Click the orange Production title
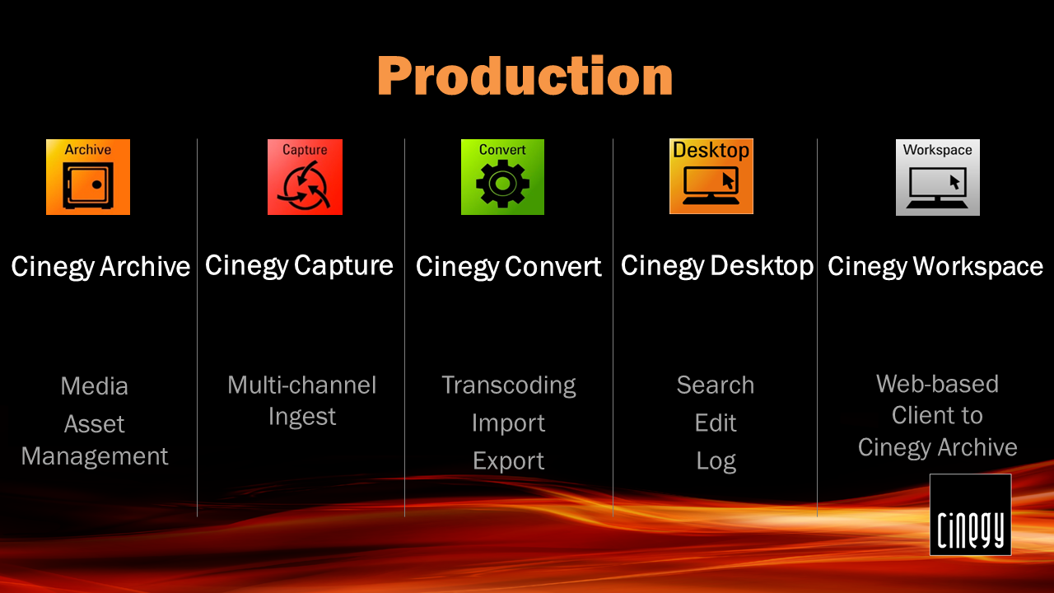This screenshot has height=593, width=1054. [x=525, y=77]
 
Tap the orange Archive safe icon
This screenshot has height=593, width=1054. [x=88, y=177]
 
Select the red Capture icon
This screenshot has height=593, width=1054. [x=305, y=177]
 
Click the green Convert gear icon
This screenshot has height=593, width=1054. [x=502, y=177]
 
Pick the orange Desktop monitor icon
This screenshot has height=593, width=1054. [x=711, y=176]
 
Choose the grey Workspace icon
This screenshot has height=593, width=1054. [x=938, y=177]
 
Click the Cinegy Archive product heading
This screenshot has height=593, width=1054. [x=100, y=267]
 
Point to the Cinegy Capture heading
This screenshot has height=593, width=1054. [x=299, y=266]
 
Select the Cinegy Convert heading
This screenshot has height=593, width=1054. [x=509, y=267]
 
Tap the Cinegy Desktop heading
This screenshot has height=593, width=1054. [x=717, y=266]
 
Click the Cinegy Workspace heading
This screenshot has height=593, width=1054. [x=935, y=266]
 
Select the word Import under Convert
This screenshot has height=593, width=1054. [x=509, y=423]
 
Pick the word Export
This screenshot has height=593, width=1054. [x=509, y=461]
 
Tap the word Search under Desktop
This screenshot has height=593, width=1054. [x=716, y=385]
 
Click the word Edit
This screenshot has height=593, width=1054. [x=716, y=423]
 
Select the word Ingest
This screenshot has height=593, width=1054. [x=302, y=417]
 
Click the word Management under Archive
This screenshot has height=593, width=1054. [x=95, y=456]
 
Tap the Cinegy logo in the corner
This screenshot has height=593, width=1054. [x=970, y=515]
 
